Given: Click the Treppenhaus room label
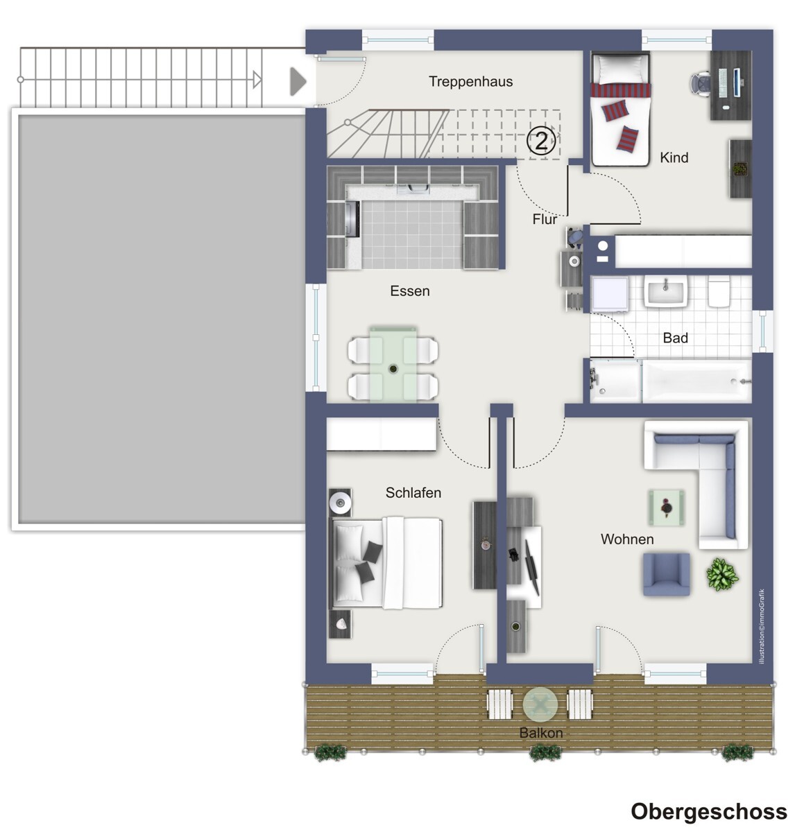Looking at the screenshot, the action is [x=470, y=81].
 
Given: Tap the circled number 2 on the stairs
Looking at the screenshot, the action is [x=541, y=140].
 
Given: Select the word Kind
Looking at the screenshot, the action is [x=674, y=157].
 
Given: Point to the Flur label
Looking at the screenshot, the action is [x=545, y=219].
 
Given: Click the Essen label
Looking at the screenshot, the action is [x=409, y=291].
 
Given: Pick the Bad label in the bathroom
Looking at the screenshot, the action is [x=675, y=338].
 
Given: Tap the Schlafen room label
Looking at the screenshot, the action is [x=413, y=492].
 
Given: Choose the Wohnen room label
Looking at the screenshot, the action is [x=627, y=539].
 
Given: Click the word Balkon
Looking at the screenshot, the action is [x=541, y=733].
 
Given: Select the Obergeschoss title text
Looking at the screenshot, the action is [x=708, y=812].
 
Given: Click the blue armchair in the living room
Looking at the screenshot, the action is [x=666, y=574].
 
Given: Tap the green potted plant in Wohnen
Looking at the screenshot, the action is [x=722, y=574].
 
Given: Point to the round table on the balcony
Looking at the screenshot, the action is [x=540, y=704].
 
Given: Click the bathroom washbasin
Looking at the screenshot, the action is [x=665, y=291].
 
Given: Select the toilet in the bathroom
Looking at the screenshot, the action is [x=719, y=291].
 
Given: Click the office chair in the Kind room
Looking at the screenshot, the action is [x=700, y=83].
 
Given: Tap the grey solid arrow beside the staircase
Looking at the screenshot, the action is [x=298, y=81].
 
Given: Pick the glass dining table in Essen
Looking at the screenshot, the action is [x=393, y=364].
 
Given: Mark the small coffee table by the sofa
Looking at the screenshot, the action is [x=666, y=508].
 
